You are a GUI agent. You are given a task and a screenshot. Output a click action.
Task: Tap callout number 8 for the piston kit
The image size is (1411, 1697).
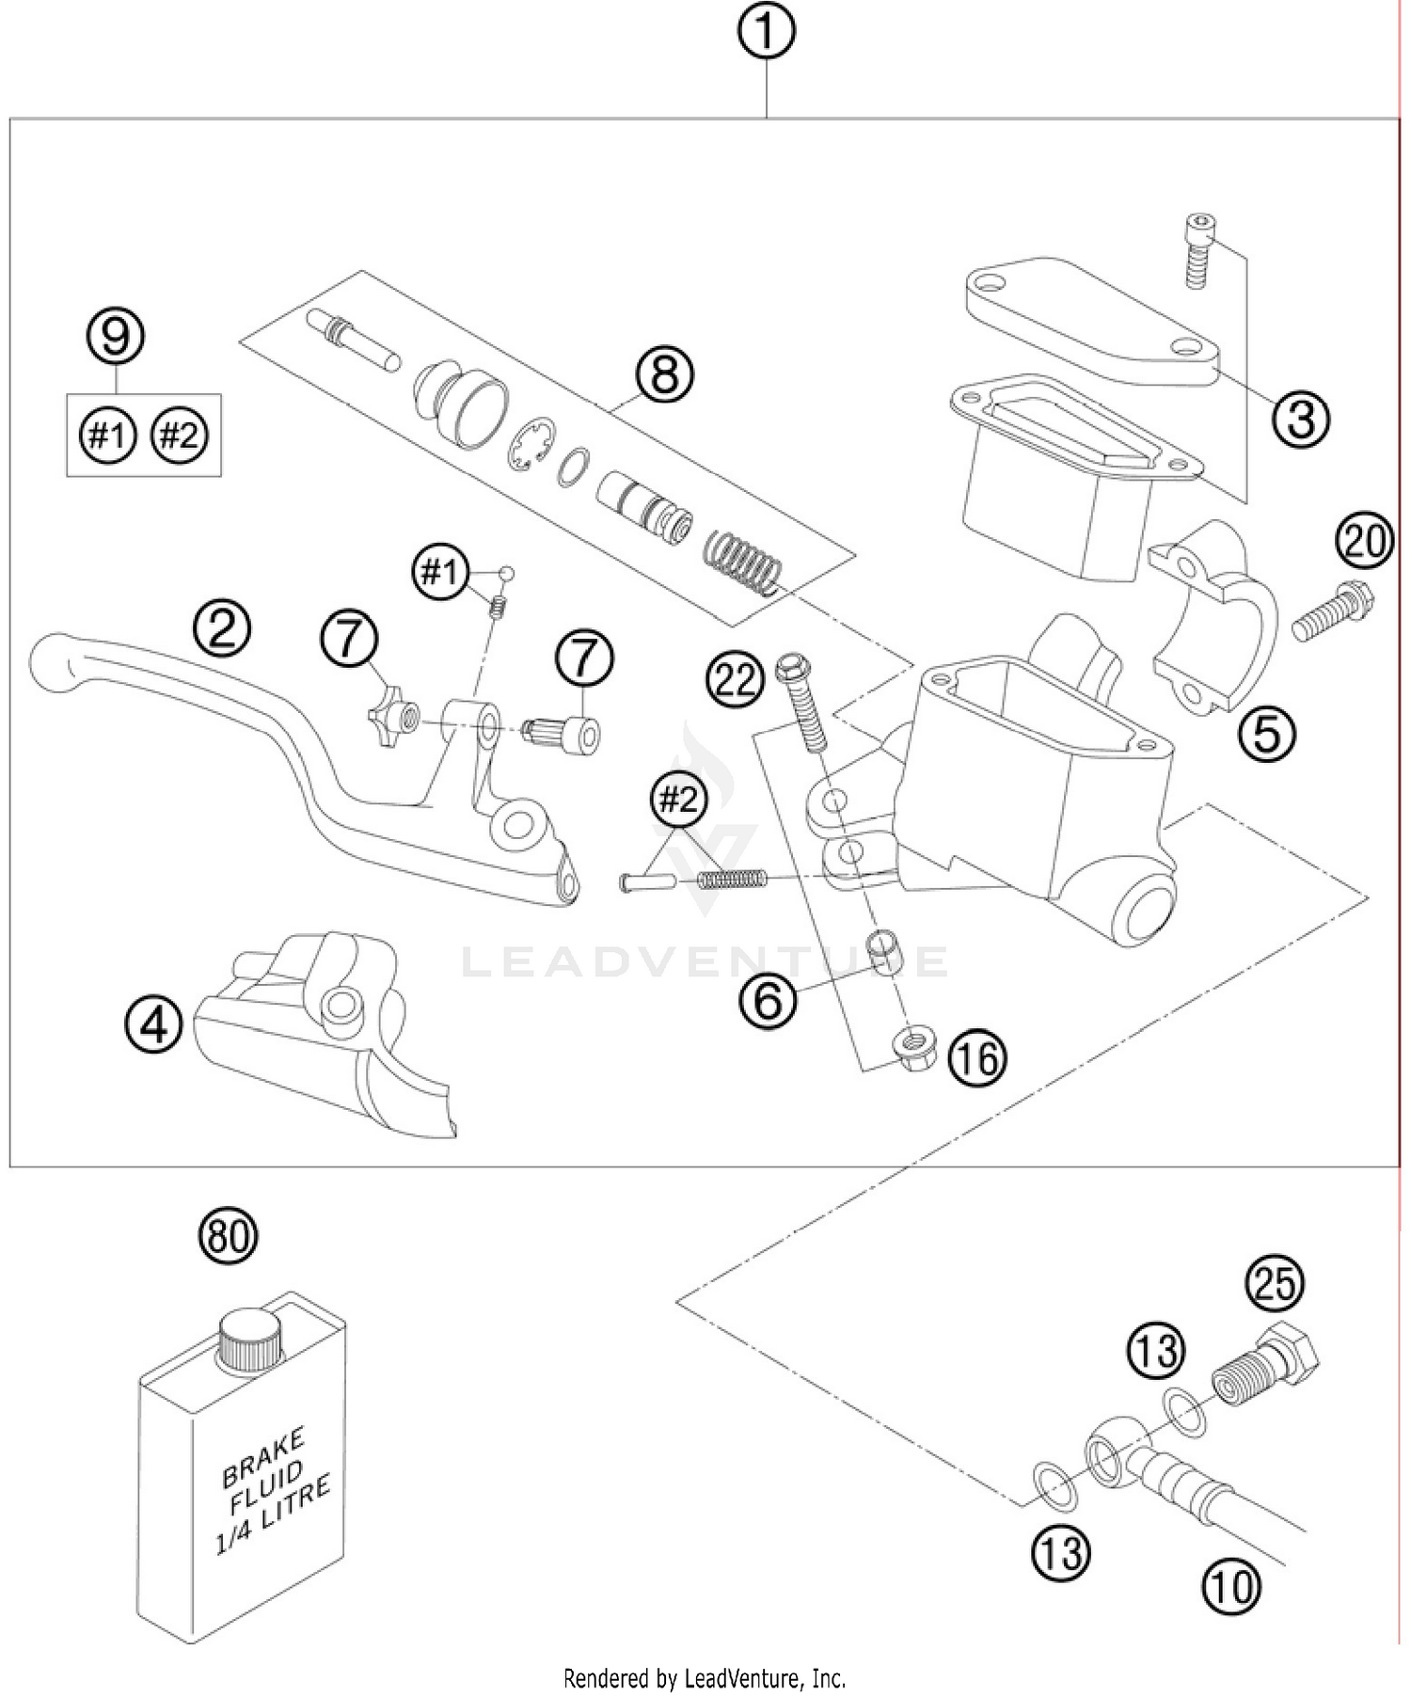[x=664, y=374]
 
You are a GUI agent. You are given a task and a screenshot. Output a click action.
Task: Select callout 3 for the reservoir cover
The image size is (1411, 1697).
[x=1301, y=419]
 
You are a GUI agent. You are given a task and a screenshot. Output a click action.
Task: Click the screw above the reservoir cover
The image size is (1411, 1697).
[x=1195, y=251]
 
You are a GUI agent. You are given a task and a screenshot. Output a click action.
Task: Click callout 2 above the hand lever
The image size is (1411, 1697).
[x=222, y=629]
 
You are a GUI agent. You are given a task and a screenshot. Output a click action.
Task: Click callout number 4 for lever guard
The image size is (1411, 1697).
[x=153, y=1024]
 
